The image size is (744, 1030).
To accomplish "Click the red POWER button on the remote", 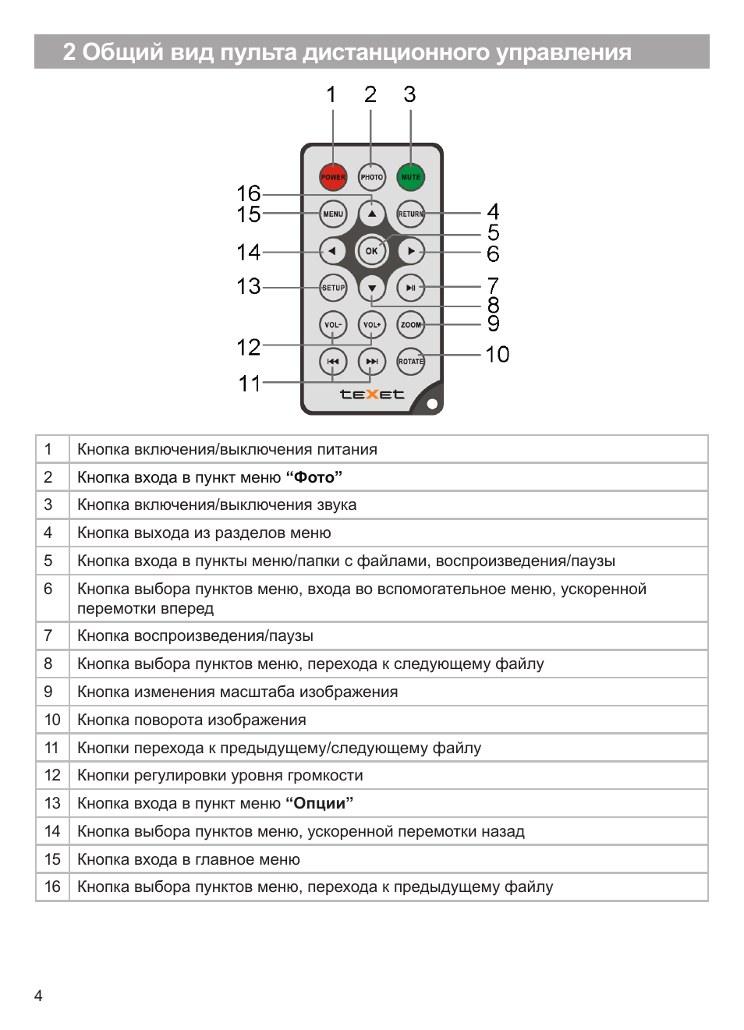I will [x=333, y=177].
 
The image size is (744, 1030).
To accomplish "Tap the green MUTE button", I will [x=410, y=177].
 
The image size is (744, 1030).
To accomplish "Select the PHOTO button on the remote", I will [x=372, y=177].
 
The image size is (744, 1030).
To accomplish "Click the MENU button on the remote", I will [x=333, y=214].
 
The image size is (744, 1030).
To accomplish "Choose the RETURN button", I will [x=410, y=214].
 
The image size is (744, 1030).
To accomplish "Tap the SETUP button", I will [x=333, y=288].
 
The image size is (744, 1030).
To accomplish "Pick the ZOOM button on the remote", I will [x=410, y=324].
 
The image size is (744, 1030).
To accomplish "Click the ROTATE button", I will [x=410, y=361].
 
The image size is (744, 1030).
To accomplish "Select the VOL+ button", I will [x=372, y=324].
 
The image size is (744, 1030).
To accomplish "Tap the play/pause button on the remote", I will [x=410, y=288].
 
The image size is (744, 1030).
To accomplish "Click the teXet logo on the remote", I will [x=372, y=395].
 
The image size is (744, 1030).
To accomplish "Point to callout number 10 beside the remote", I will [x=497, y=355].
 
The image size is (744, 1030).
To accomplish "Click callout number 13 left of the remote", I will [x=249, y=287].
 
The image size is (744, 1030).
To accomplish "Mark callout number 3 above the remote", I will [x=409, y=95].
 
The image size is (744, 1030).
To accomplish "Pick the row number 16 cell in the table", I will [x=52, y=887].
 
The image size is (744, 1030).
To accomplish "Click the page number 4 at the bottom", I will [x=38, y=996].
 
